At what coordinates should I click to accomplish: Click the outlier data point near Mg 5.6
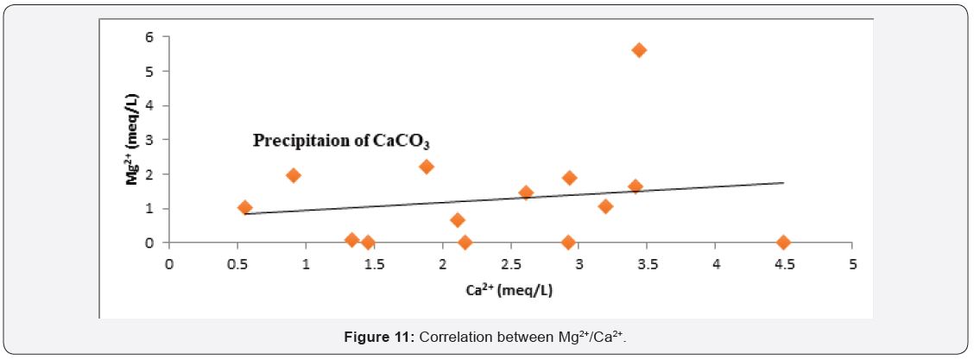(639, 50)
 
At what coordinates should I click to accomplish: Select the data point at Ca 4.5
(783, 243)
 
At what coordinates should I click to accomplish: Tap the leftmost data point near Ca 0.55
(244, 207)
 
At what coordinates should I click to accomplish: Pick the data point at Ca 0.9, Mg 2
(293, 175)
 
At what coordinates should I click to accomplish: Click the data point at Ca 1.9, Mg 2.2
(426, 167)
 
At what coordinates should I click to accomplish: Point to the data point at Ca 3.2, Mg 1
(605, 206)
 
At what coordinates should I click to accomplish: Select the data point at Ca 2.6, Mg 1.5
(526, 193)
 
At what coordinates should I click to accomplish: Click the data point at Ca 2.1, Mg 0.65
(458, 220)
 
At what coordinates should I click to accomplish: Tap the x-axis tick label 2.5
(510, 263)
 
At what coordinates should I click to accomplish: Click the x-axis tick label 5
(851, 263)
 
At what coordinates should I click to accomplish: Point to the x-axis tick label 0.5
(237, 263)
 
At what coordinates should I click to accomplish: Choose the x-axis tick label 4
(715, 263)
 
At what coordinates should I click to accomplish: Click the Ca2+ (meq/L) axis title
(510, 290)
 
